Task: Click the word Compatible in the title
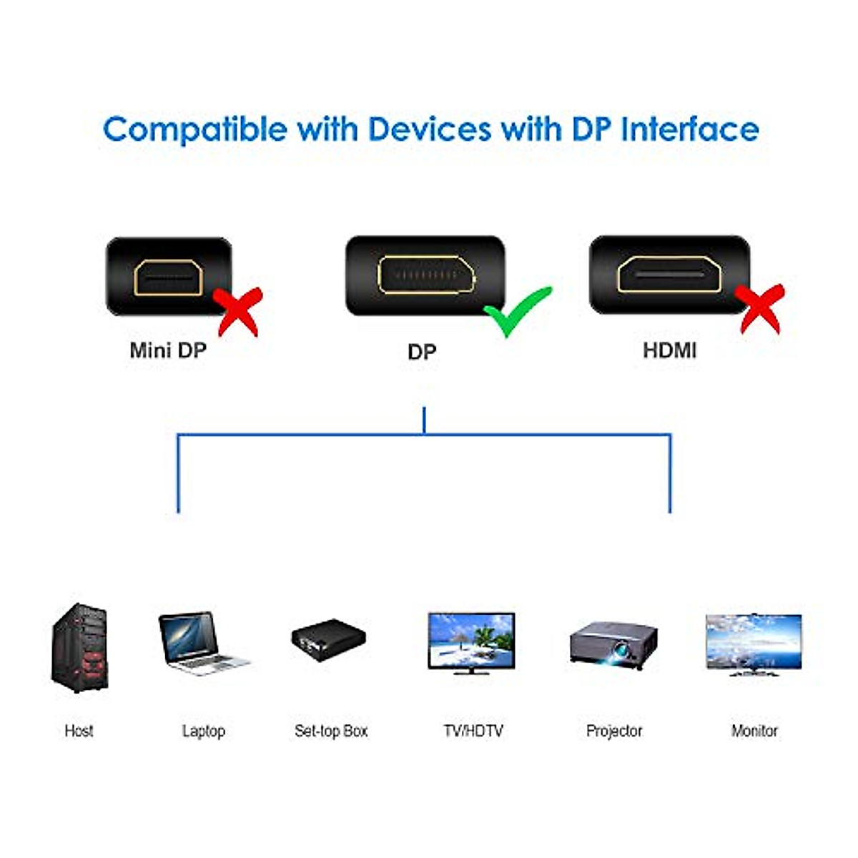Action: click(x=194, y=129)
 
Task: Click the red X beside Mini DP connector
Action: click(x=240, y=310)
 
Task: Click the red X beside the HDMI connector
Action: click(x=761, y=308)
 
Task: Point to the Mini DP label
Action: click(x=168, y=350)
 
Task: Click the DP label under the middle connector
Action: click(x=421, y=352)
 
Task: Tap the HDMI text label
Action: click(x=669, y=350)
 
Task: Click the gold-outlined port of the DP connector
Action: click(x=426, y=275)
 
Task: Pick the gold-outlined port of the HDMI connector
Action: click(x=669, y=275)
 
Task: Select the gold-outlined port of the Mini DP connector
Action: click(x=169, y=277)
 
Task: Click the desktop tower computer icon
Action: click(x=79, y=648)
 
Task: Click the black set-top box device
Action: click(x=328, y=638)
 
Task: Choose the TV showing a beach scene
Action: click(x=471, y=642)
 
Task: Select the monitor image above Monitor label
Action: click(x=754, y=643)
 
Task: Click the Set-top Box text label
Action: click(x=331, y=731)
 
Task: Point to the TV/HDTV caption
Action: click(x=473, y=731)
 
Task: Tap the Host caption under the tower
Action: click(x=79, y=731)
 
